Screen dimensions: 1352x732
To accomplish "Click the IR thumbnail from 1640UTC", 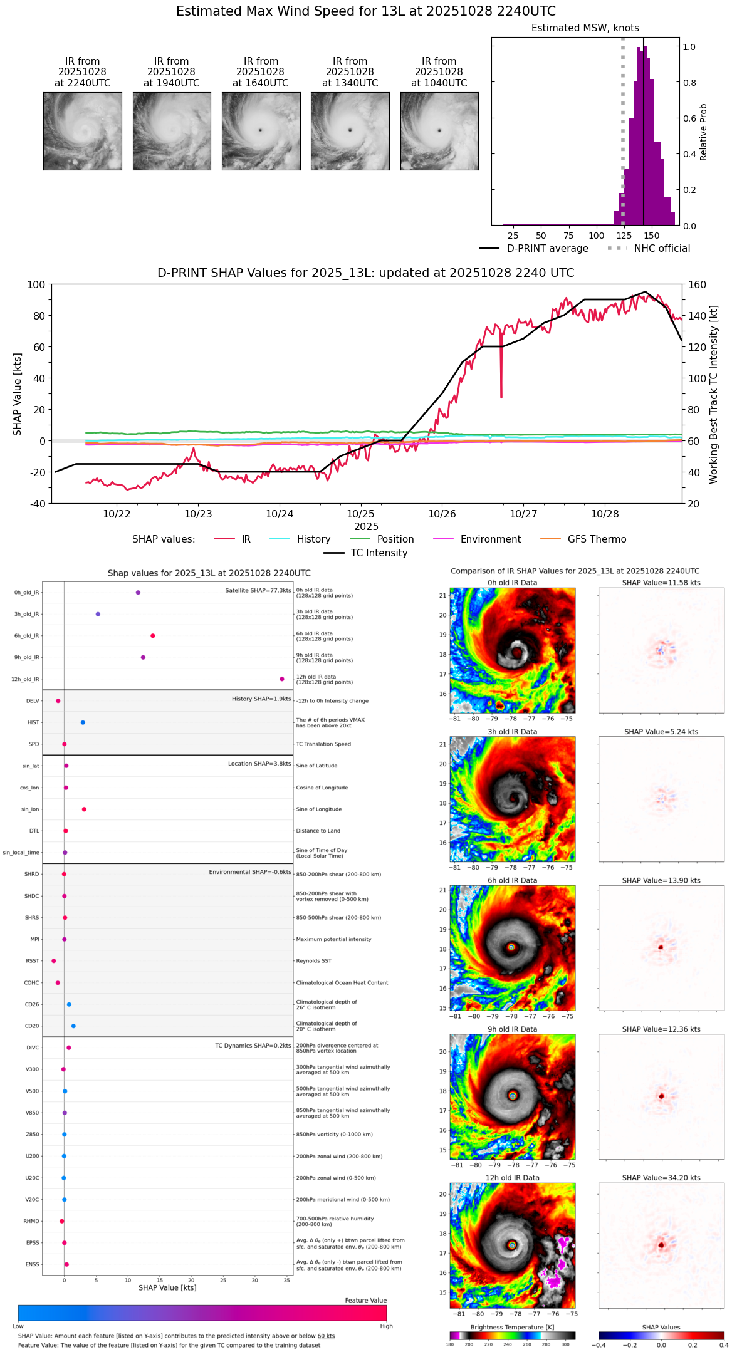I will pos(261,131).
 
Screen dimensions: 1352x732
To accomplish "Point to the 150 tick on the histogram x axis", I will pos(652,236).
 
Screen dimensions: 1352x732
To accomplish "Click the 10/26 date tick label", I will pos(442,514).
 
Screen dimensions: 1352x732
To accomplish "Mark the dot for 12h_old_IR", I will pos(282,679).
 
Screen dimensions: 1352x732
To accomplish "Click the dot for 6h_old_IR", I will pos(153,636).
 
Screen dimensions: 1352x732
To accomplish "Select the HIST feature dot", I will pos(83,722).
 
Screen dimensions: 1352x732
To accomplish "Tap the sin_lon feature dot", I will pos(84,809).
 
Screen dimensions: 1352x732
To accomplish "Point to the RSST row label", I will pos(33,961).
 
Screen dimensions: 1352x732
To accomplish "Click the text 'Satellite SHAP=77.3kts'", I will pos(258,591).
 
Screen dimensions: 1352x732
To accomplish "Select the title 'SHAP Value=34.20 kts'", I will pos(661,1178).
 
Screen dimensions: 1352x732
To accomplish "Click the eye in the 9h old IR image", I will pos(513,1096).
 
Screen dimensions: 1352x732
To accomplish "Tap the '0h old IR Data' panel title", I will pos(512,583).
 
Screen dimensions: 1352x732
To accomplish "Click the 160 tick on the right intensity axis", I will pos(697,284).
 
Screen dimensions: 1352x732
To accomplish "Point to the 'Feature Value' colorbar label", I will pos(365,1301).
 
